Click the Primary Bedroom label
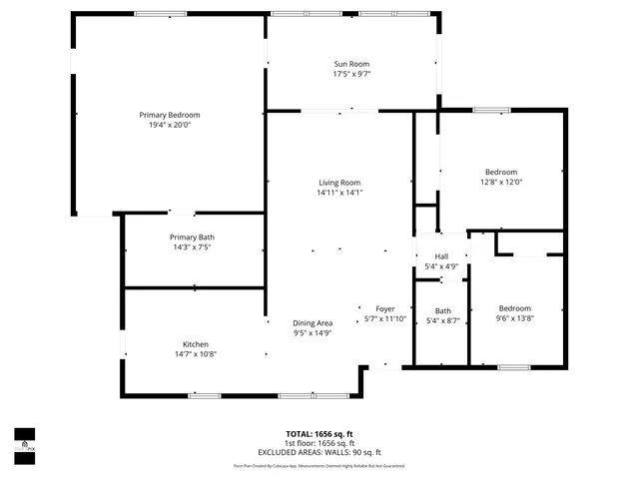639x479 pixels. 170,115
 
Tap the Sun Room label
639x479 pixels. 351,64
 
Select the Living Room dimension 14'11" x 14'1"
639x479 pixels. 339,193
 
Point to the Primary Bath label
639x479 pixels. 192,237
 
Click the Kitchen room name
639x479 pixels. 196,344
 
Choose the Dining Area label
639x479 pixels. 312,322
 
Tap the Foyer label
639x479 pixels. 385,308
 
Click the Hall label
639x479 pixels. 441,256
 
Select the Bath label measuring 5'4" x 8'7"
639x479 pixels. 442,310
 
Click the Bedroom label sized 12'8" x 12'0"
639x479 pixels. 501,172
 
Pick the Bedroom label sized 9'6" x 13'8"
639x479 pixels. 515,308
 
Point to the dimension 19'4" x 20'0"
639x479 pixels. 170,126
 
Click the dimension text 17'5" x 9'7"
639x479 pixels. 351,74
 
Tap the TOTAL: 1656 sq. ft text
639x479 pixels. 319,434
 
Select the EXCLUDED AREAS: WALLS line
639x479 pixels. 319,452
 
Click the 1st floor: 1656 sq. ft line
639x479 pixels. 319,443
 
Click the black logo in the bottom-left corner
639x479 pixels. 24,440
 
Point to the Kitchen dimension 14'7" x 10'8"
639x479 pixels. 196,354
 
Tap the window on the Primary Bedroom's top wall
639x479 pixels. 161,14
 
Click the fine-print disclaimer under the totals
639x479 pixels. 319,465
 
